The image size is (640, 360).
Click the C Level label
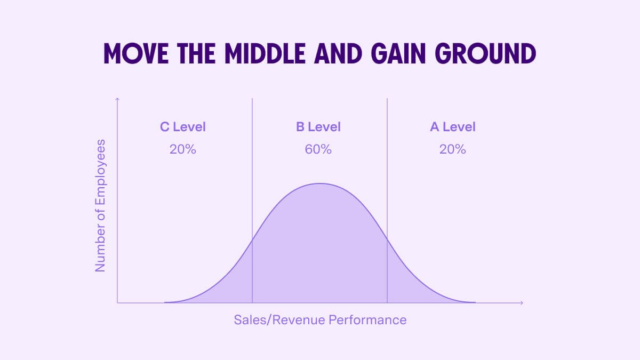click(183, 127)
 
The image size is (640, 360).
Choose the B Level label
click(318, 127)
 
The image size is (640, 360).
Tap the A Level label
click(453, 127)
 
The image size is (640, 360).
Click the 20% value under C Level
click(183, 149)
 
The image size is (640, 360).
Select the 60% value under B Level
click(318, 149)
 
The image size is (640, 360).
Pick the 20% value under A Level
click(453, 149)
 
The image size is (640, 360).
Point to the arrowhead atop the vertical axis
click(117, 99)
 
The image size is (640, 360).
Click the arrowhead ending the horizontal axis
click(521, 303)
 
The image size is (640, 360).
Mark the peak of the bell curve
click(319, 183)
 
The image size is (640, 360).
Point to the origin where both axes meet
click(117, 303)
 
